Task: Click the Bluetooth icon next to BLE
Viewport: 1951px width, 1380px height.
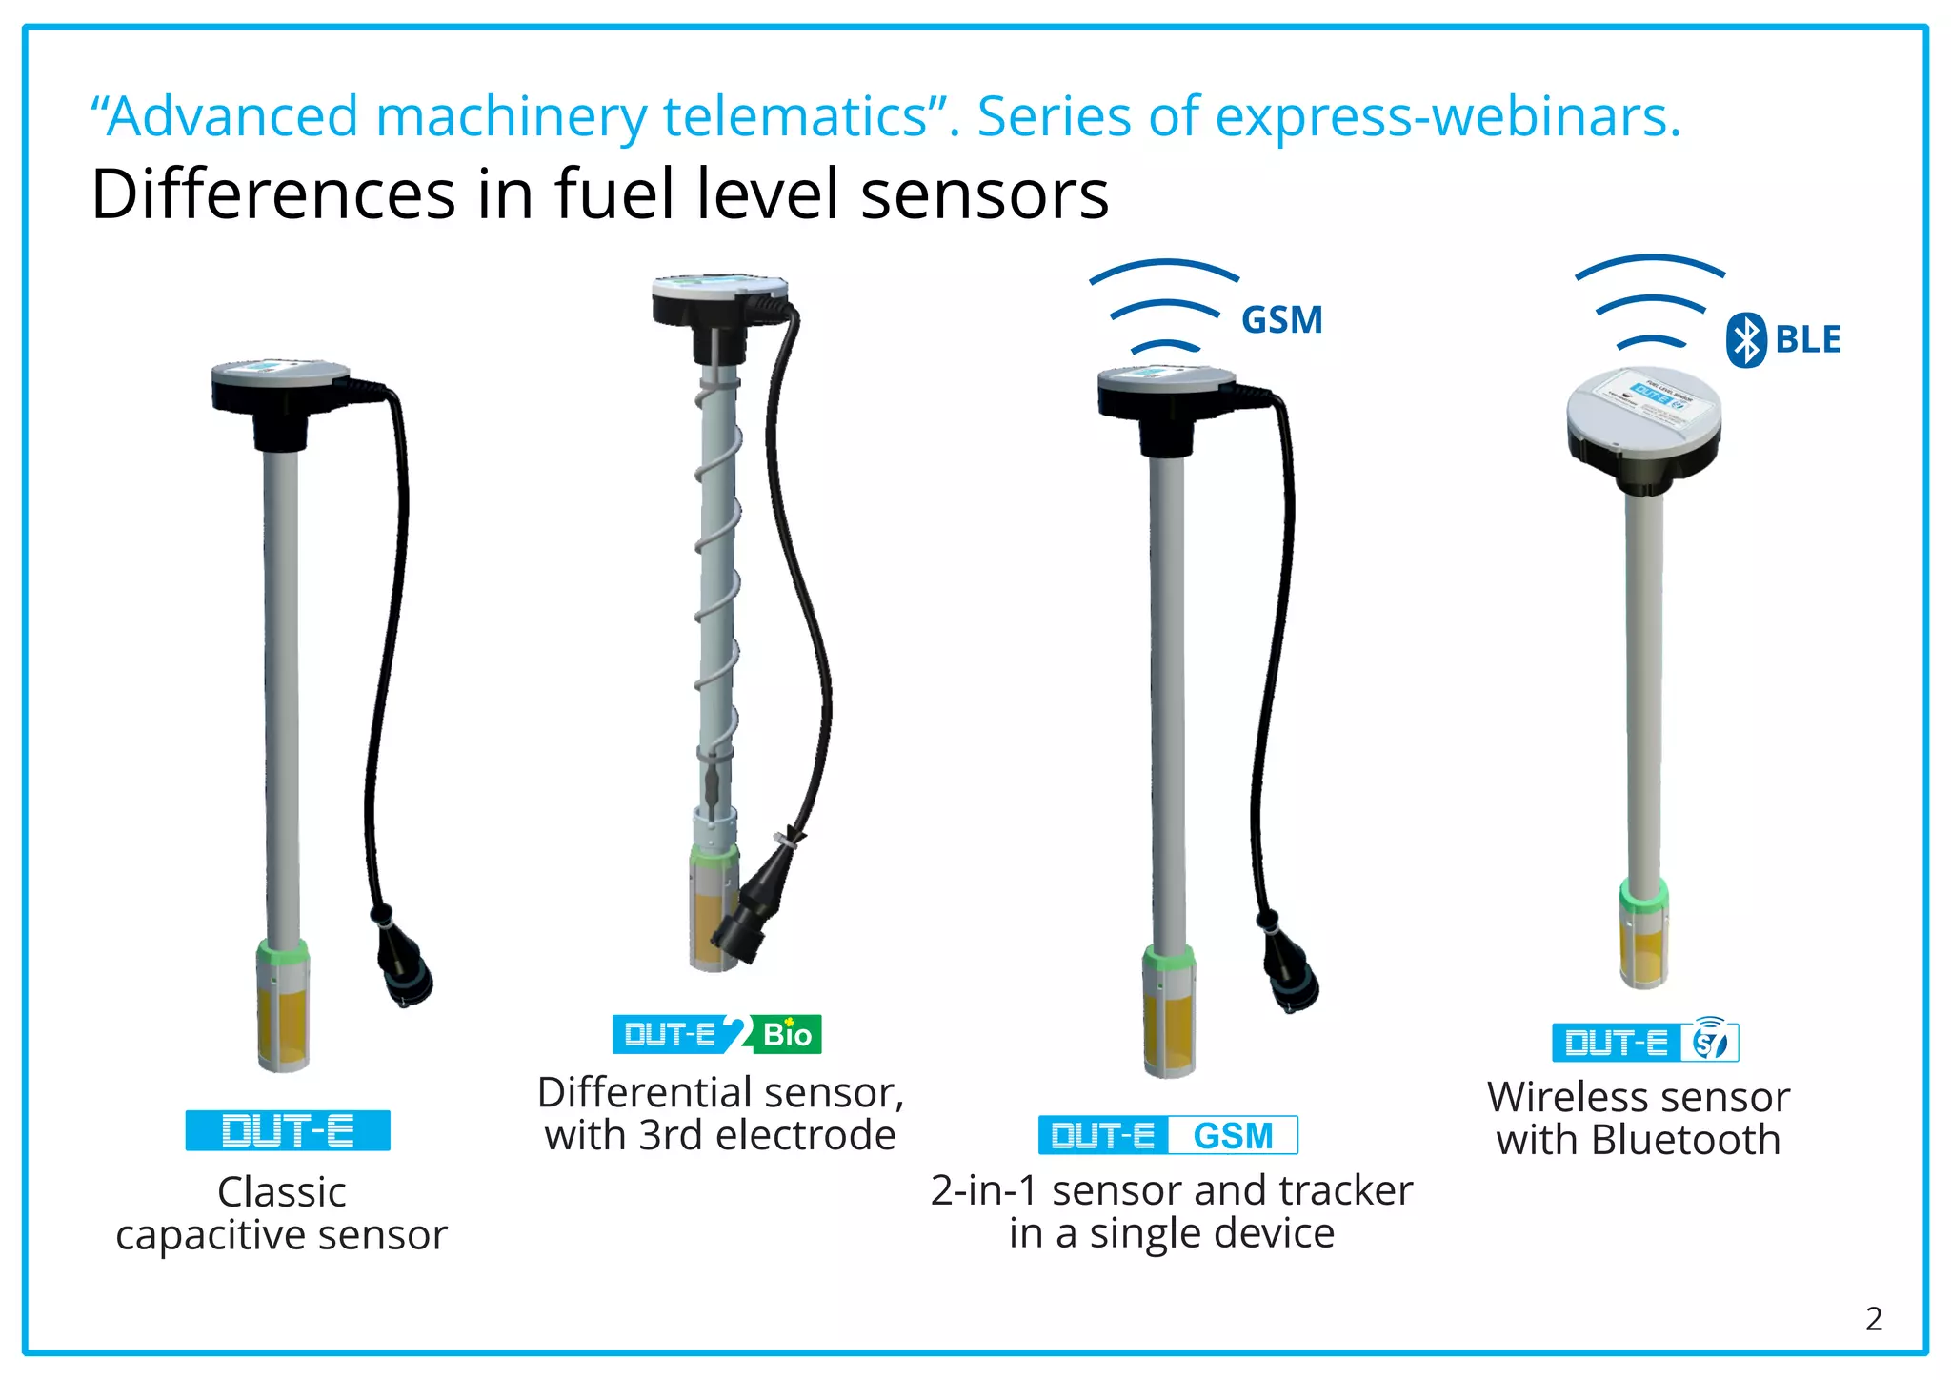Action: pyautogui.click(x=1746, y=340)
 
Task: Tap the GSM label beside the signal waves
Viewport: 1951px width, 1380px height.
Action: pyautogui.click(x=1282, y=320)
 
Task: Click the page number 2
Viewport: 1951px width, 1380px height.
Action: pyautogui.click(x=1873, y=1319)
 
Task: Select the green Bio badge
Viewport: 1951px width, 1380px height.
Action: pyautogui.click(x=786, y=1035)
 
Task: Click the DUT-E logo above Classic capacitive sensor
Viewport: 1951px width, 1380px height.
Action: pyautogui.click(x=288, y=1131)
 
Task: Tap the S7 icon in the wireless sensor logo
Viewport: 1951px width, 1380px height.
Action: pyautogui.click(x=1711, y=1043)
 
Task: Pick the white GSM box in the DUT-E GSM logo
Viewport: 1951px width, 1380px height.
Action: pyautogui.click(x=1233, y=1136)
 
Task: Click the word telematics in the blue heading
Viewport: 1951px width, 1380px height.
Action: pyautogui.click(x=795, y=117)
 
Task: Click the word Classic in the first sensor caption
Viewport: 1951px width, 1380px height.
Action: pyautogui.click(x=282, y=1192)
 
